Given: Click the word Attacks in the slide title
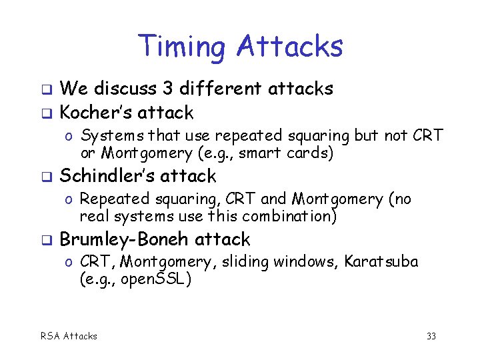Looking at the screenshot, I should coord(289,47).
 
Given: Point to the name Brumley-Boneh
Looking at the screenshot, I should coord(126,239).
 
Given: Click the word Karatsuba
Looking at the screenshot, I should coord(381,262).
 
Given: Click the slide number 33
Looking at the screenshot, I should coord(431,336).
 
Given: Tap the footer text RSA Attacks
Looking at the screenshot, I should coord(68,336).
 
